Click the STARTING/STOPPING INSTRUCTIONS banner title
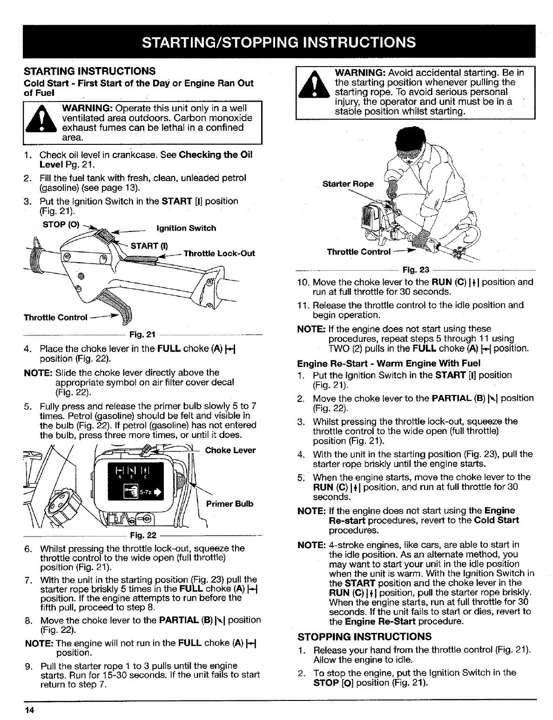(x=278, y=42)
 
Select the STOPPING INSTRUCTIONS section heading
(x=364, y=636)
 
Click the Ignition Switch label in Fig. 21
(x=186, y=228)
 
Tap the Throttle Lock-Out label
(x=219, y=254)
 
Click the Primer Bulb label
(x=229, y=503)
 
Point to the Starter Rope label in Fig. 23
(x=348, y=183)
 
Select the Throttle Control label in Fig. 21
(x=55, y=318)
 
